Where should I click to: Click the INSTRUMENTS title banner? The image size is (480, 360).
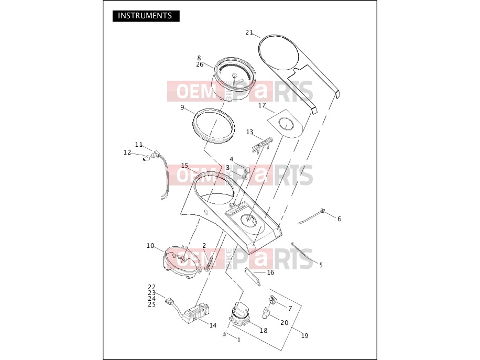coord(146,16)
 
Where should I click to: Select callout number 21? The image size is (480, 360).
coord(249,32)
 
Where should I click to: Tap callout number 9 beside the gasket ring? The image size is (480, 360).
coord(182,107)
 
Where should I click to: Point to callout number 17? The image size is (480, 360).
coord(262,105)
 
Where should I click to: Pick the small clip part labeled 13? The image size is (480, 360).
coord(261,145)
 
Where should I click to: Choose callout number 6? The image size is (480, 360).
coord(339,219)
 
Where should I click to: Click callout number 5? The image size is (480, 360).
coord(321,265)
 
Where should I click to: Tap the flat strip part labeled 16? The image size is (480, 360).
coord(253,277)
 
